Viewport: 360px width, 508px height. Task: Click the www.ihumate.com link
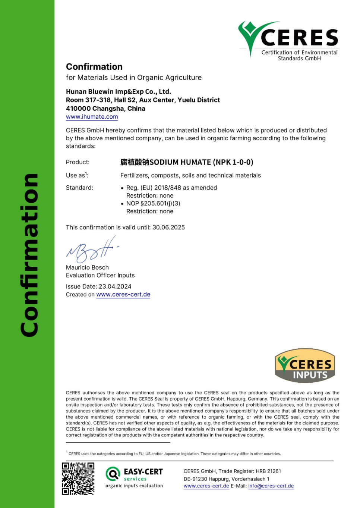92,117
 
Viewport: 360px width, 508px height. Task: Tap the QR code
78,479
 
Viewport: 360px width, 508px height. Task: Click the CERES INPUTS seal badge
305,366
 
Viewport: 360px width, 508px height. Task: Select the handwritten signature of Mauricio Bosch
91,250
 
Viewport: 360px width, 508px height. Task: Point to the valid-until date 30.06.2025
168,228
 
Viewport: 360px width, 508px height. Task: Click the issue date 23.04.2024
115,286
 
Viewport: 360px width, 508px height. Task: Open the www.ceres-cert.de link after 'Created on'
123,294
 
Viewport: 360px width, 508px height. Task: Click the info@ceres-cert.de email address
271,486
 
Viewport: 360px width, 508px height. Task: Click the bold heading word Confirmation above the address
94,67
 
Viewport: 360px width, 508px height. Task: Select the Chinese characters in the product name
135,162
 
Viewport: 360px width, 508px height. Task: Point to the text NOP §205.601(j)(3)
153,203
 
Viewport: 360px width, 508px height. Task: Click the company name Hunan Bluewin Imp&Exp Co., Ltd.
119,92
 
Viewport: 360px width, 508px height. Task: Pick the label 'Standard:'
79,188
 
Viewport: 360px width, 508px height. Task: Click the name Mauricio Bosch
87,267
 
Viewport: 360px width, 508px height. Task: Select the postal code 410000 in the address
78,109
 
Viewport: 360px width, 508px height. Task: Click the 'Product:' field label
78,162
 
